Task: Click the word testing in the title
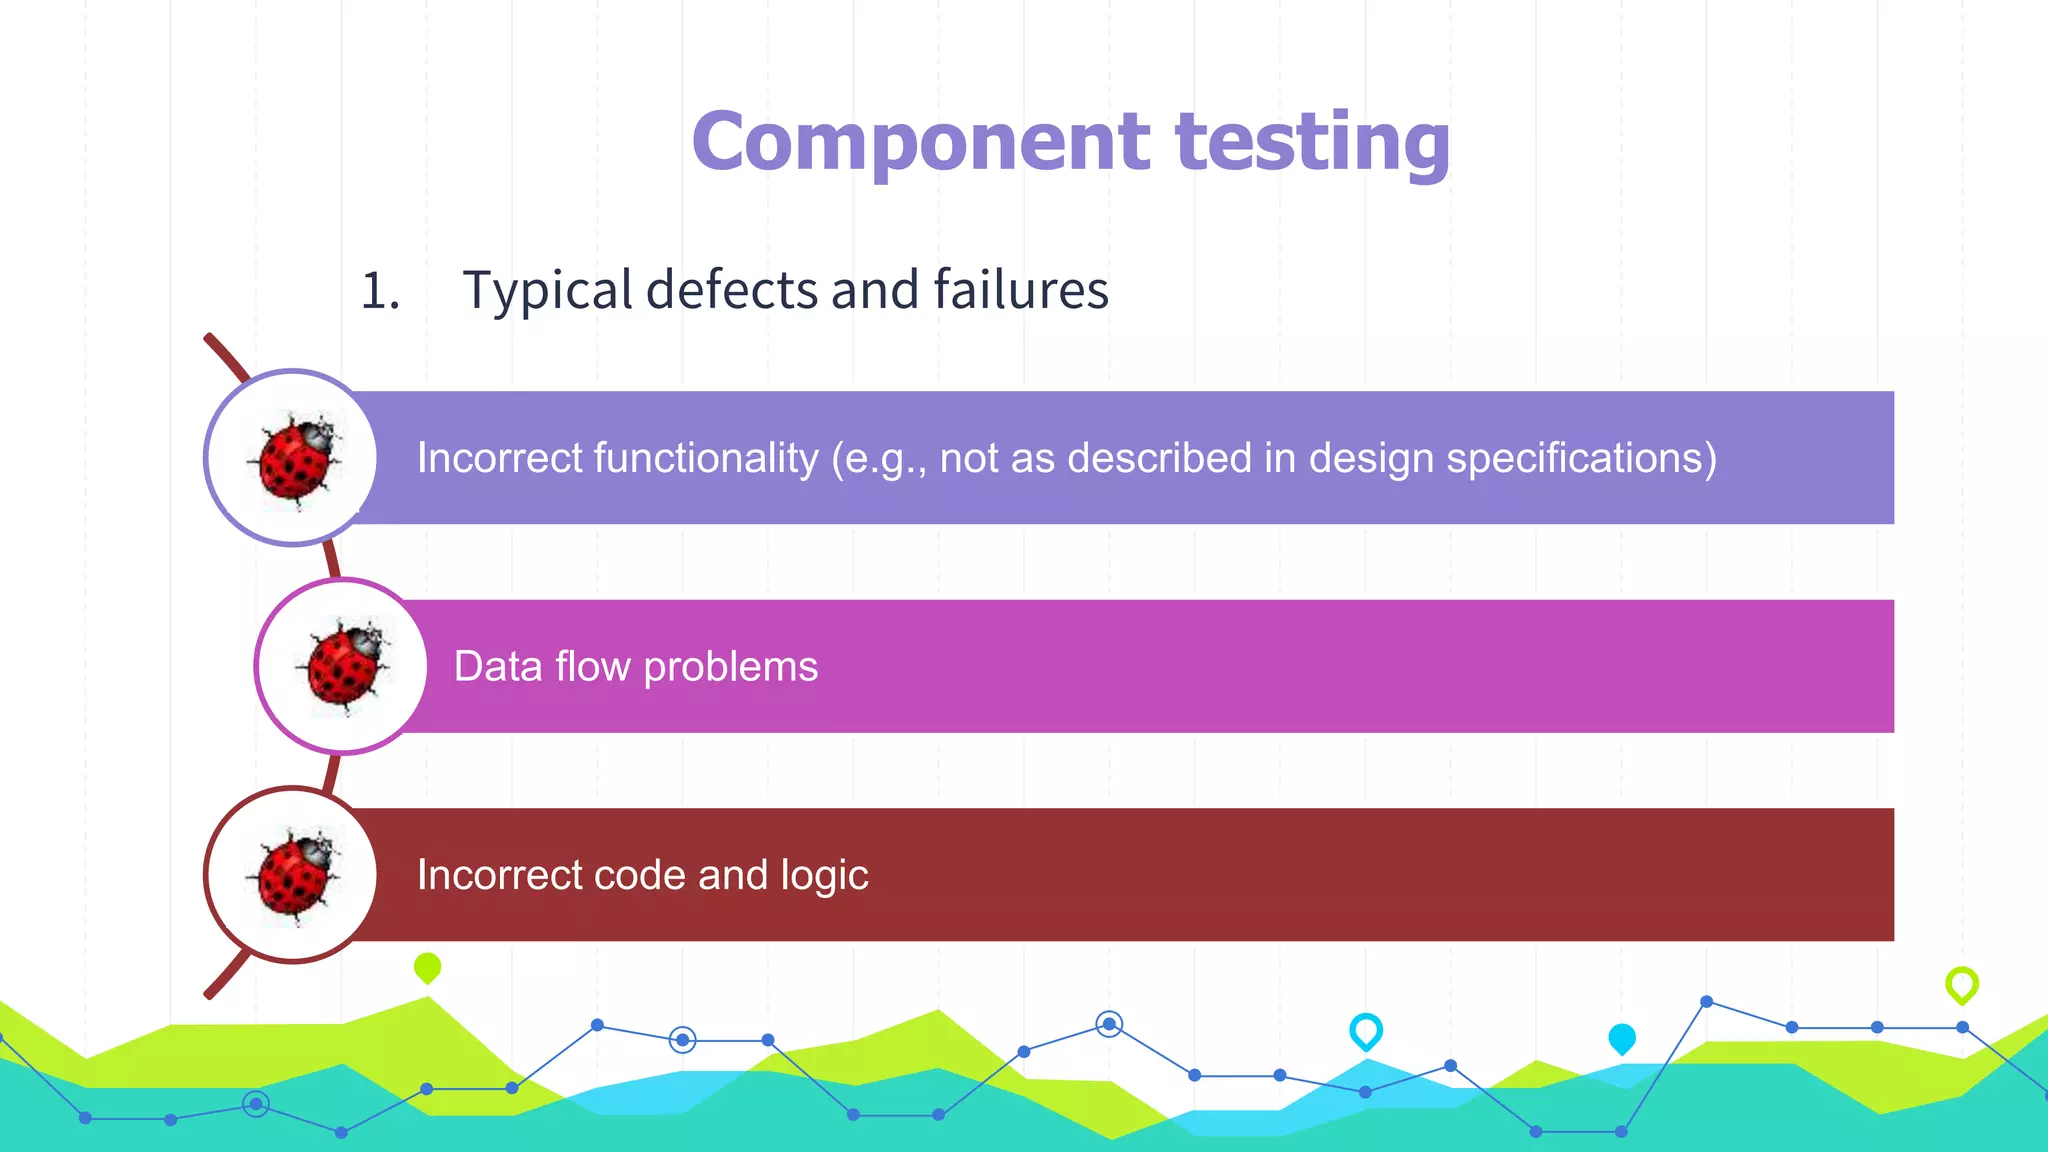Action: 1312,143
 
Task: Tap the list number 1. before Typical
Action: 380,291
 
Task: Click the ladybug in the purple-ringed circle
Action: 294,459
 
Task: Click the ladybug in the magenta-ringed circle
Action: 344,665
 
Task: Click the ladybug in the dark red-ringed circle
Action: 293,875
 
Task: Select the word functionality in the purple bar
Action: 706,459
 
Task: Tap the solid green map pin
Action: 427,967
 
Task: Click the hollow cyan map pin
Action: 1365,1030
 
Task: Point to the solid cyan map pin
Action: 1621,1039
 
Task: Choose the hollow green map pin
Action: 1961,985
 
